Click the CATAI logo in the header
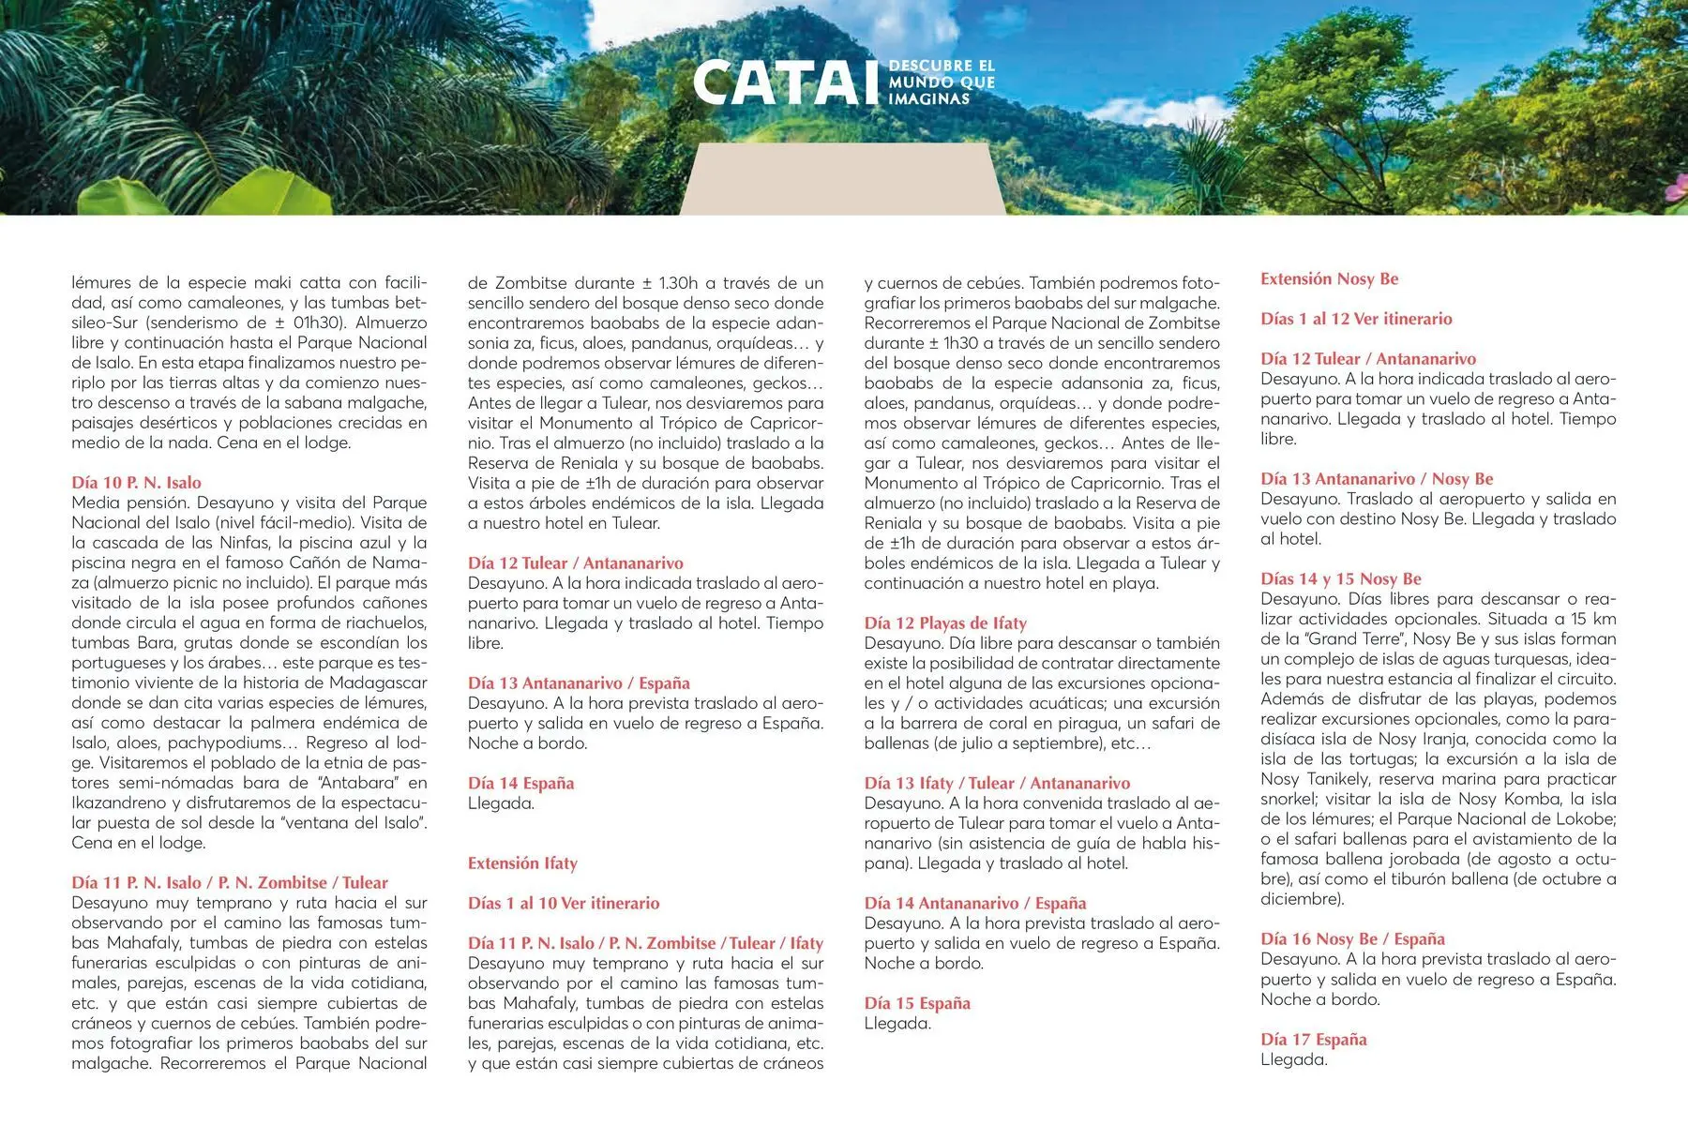(x=788, y=82)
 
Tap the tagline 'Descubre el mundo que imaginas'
(x=941, y=82)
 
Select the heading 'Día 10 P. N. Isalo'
(x=137, y=483)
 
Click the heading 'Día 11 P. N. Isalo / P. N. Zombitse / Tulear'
(x=230, y=883)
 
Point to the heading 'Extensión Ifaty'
(x=522, y=863)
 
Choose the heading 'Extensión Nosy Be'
(x=1329, y=278)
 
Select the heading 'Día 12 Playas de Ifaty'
(x=945, y=623)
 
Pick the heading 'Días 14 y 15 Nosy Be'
(x=1341, y=579)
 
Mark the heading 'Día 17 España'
(x=1314, y=1040)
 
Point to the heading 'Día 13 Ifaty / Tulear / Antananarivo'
(x=997, y=784)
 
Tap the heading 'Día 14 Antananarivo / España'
(x=975, y=904)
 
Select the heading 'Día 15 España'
(x=917, y=1003)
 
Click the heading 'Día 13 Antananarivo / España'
(x=579, y=683)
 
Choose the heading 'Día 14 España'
(x=520, y=784)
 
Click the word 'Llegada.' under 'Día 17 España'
(x=1294, y=1060)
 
